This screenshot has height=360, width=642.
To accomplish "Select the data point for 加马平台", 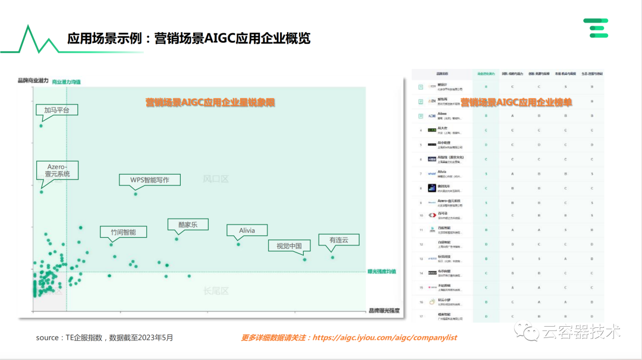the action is pos(41,125).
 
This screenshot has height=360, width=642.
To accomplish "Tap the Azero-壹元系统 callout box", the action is pos(53,170).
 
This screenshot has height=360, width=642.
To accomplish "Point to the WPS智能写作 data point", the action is pos(136,194).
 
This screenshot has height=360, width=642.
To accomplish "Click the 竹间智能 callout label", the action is pos(123,232).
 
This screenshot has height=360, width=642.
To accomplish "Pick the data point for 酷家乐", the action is pos(177,239).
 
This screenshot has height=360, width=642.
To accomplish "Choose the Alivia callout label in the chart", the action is pos(247,230).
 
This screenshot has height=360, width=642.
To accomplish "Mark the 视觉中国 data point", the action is pos(304,259).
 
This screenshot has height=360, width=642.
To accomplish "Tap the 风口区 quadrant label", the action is pos(215,178).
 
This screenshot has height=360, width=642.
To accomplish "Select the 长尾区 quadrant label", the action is pos(216,290).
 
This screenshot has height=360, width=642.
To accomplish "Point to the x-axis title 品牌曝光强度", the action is pos(384,310).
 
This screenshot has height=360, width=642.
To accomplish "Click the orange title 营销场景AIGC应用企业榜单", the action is pos(517,102).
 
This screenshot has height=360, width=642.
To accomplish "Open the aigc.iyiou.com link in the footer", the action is pos(385,337).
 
